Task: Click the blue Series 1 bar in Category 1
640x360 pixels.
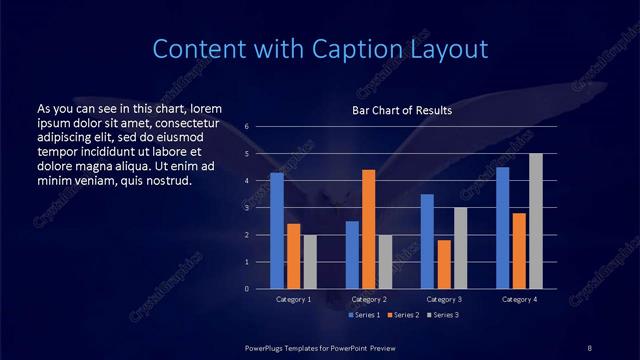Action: [277, 231]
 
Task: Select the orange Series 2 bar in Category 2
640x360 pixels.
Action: [368, 229]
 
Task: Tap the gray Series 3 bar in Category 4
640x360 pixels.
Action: [536, 221]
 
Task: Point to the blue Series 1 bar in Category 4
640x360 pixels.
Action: [502, 228]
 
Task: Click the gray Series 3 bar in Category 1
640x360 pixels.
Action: [311, 262]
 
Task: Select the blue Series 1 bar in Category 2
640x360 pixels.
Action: [352, 255]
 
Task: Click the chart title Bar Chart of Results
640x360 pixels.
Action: [402, 110]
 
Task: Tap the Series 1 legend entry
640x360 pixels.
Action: [364, 315]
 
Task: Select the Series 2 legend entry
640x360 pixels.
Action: [403, 315]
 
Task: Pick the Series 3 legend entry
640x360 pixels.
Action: [442, 315]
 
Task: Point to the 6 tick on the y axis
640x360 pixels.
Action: [246, 127]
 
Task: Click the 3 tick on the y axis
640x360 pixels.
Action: [246, 208]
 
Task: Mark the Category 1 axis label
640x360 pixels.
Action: [294, 299]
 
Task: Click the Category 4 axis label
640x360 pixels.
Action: [519, 299]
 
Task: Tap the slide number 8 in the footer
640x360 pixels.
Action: [589, 347]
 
